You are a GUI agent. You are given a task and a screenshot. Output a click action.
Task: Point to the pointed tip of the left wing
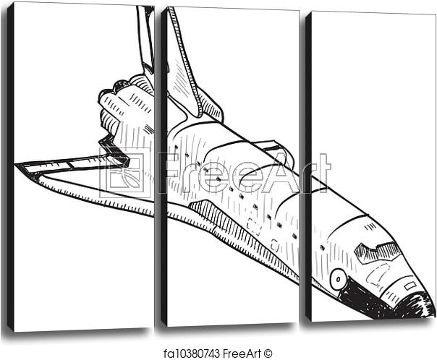18,167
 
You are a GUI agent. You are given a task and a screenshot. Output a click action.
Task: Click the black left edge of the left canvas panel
10,166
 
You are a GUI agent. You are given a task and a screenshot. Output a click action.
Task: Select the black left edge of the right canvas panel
307,166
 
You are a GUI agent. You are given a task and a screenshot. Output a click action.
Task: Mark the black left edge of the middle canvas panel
164,166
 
